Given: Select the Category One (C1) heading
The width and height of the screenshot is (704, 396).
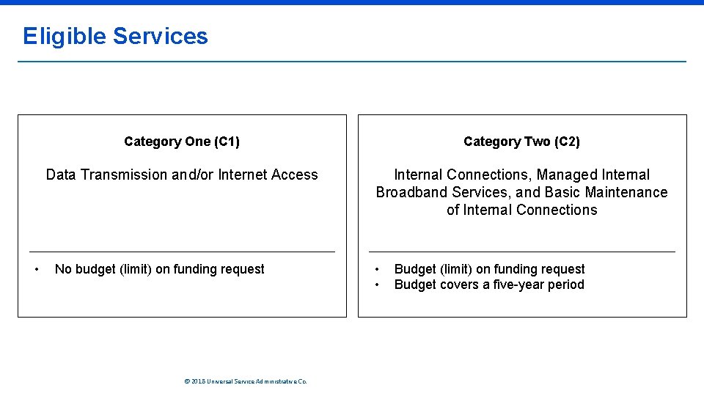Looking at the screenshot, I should pos(182,142).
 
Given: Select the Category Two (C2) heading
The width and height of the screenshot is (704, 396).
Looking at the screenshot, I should pos(521,142).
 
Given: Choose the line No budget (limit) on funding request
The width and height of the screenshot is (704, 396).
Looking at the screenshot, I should pos(160,269).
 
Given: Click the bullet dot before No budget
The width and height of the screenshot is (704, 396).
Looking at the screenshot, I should pos(37,269).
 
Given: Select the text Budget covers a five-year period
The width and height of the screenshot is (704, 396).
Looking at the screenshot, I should pos(489,285).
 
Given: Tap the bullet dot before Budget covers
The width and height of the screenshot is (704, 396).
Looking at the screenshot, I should pos(378,285).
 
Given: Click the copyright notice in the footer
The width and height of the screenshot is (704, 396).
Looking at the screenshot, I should pos(246,381).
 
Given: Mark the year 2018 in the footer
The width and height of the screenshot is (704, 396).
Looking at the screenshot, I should pos(198,381).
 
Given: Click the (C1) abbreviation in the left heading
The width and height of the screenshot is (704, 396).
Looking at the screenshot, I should pos(227,142).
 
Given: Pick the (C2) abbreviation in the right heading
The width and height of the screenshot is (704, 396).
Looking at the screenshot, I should pos(567,142).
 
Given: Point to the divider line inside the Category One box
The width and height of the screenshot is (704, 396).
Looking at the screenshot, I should pos(182,252).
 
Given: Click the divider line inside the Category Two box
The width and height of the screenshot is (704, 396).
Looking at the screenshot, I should pos(521,252).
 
